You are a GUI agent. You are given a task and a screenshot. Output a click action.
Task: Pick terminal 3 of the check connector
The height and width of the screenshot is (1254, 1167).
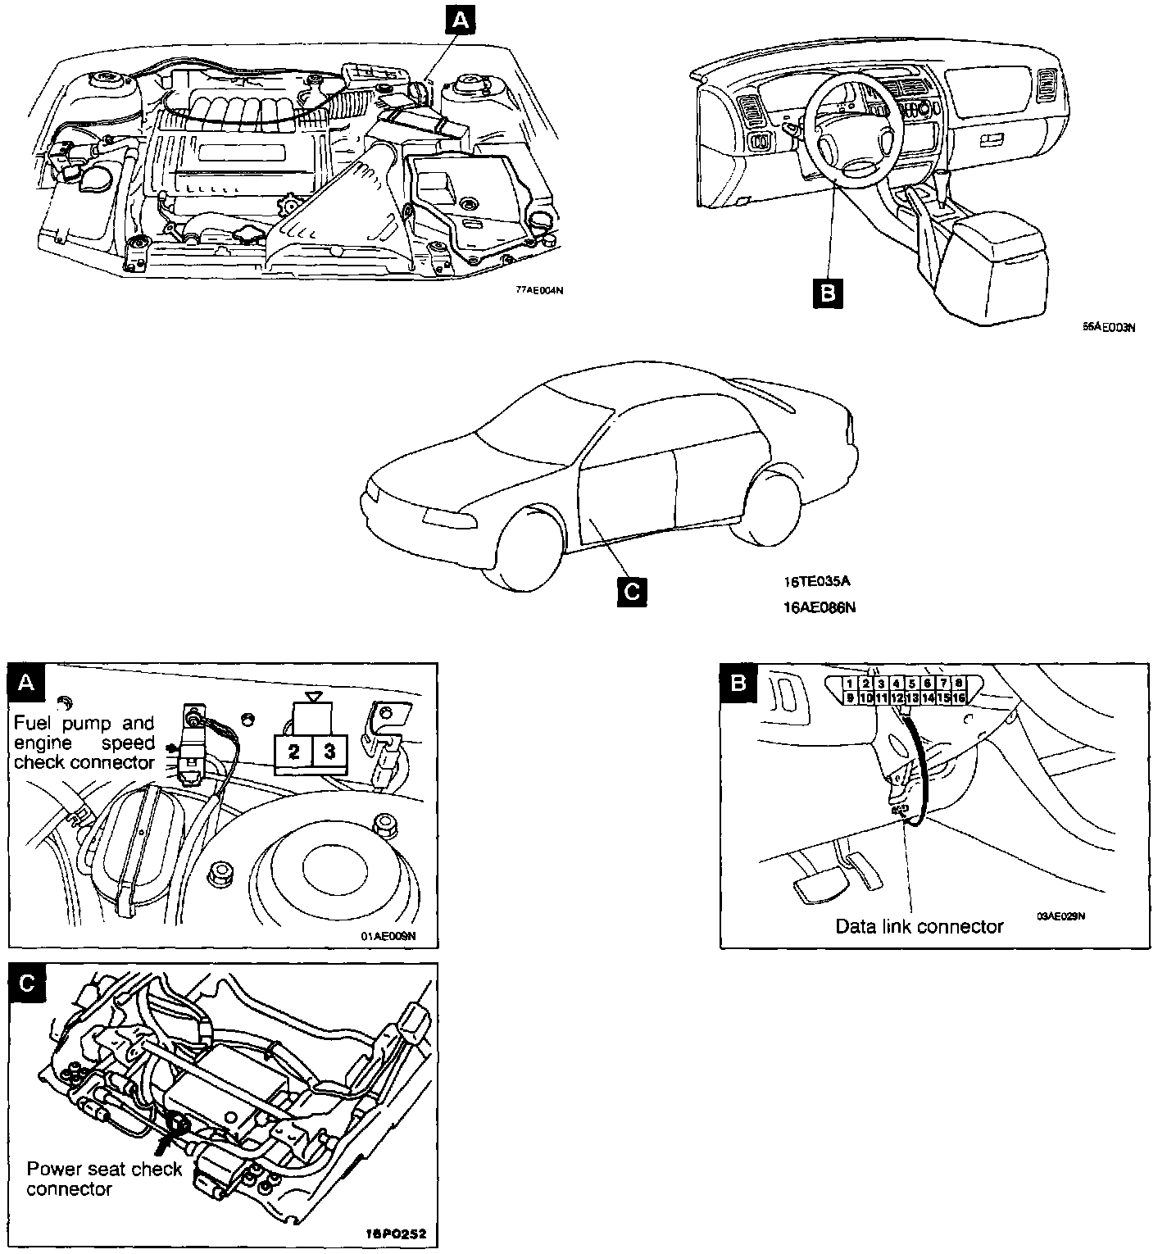[x=329, y=750]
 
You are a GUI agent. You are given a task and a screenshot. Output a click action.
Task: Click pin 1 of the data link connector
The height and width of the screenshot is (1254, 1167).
[x=850, y=684]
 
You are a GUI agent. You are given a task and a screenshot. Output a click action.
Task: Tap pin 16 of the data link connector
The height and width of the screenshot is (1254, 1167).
[x=959, y=697]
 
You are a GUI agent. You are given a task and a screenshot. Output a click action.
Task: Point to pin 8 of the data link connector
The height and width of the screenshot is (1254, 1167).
[x=959, y=684]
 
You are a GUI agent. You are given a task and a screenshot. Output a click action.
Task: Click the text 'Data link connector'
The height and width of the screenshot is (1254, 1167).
[x=919, y=927]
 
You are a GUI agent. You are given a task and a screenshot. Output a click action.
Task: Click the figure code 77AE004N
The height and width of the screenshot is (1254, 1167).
[x=539, y=290]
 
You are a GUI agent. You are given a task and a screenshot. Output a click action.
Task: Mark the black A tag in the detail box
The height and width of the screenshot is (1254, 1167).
[x=26, y=683]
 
